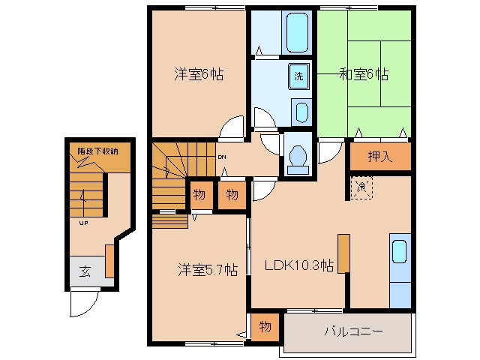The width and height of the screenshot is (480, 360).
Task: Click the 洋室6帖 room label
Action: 199,74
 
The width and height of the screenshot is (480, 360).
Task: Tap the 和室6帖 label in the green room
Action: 364,74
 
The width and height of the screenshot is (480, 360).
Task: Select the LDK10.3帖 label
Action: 299,265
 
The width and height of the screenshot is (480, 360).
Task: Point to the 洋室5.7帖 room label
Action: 208,270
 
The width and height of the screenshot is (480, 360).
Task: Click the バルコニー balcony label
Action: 353,331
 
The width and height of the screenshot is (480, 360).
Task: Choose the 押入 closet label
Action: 380,157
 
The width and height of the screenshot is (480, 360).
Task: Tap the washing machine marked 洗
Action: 298,76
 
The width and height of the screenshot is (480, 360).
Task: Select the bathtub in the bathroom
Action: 297,32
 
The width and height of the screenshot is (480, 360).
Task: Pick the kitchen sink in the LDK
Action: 400,251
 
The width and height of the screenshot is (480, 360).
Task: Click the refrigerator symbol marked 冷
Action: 361,187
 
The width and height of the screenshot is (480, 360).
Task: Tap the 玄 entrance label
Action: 85,271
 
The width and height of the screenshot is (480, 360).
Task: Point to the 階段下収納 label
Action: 97,151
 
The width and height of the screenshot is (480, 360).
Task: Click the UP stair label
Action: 83,223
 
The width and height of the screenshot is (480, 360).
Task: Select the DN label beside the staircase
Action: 222,157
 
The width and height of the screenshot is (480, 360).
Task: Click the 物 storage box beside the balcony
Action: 265,327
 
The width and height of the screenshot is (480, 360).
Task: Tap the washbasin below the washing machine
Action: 301,112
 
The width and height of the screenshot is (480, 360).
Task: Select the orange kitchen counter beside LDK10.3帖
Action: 343,253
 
